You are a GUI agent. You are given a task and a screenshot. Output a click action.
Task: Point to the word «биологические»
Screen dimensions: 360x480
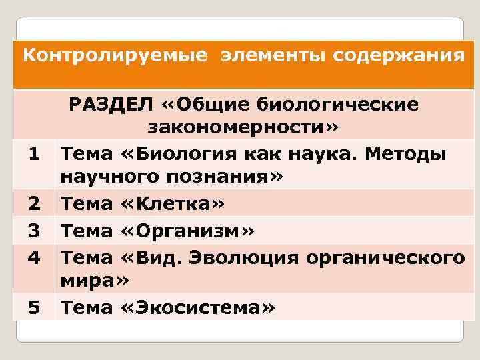pyautogui.click(x=349, y=105)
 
